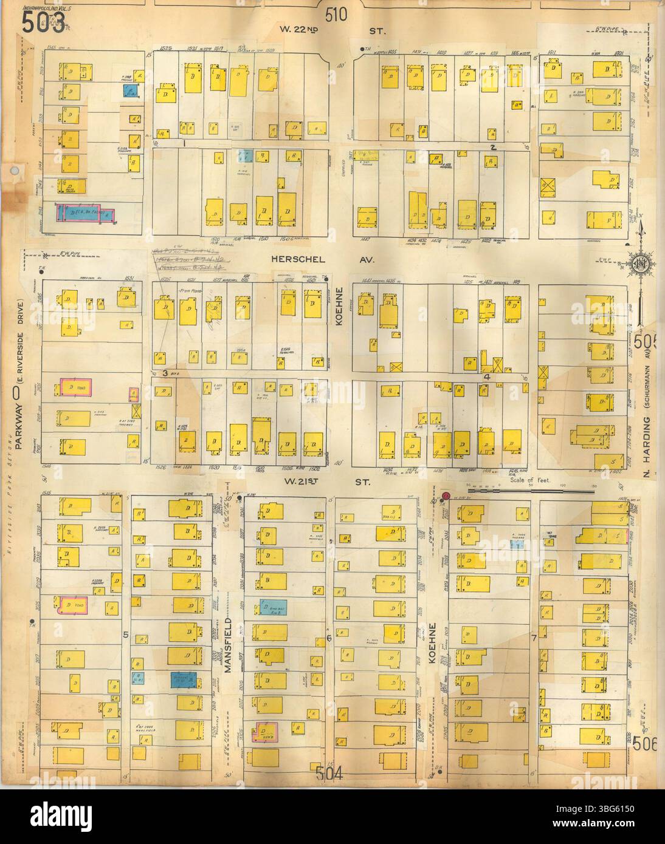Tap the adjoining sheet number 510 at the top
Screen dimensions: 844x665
tap(336, 14)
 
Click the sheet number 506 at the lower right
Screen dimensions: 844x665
tap(646, 744)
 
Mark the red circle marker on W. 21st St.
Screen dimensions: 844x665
tap(446, 496)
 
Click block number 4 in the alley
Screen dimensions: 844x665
tap(486, 376)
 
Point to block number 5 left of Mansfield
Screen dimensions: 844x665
tap(125, 634)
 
